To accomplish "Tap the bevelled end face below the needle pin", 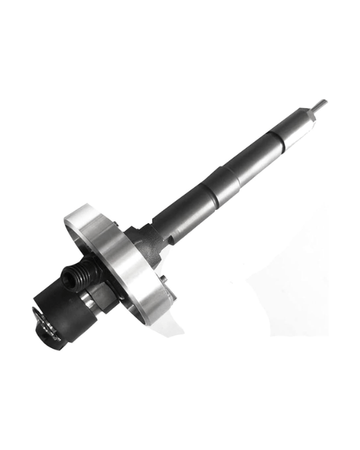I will [x=312, y=111].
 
